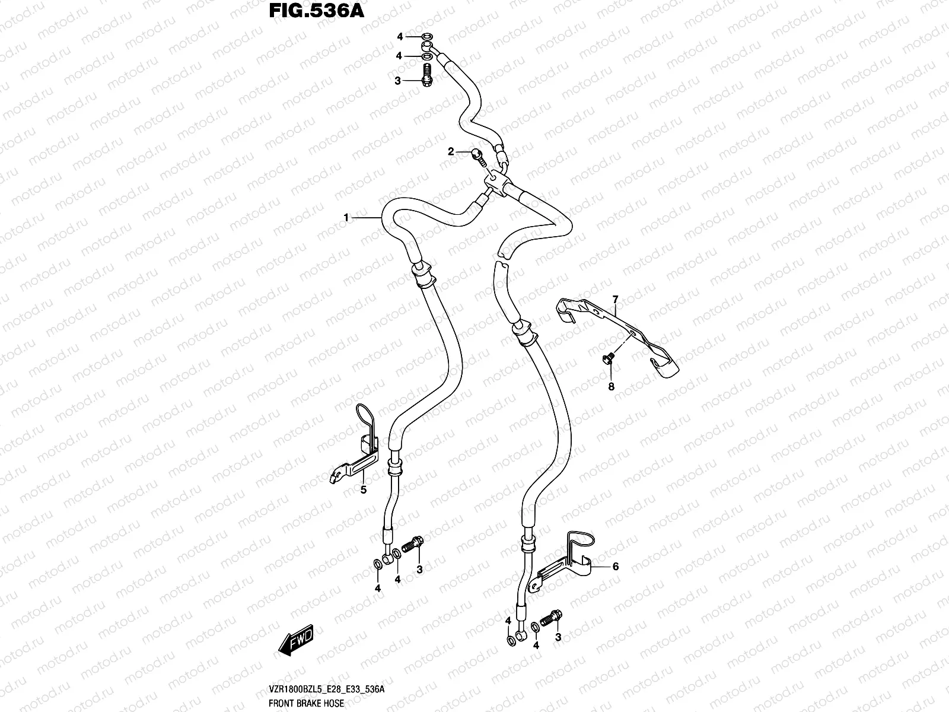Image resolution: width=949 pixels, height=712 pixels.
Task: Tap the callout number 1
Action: point(346,218)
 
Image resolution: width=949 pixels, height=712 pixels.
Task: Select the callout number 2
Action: point(451,152)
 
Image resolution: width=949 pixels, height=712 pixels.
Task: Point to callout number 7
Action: point(616,298)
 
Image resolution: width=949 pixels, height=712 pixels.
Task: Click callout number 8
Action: point(612,387)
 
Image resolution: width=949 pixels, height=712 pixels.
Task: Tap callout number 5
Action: point(364,490)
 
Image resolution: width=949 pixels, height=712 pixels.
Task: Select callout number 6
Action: point(616,567)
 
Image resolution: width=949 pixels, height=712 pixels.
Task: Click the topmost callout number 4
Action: point(400,37)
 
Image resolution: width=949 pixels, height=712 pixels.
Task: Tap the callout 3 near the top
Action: point(397,80)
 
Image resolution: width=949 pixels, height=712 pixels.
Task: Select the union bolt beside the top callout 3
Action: point(425,78)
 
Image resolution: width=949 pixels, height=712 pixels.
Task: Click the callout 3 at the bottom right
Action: point(558,637)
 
